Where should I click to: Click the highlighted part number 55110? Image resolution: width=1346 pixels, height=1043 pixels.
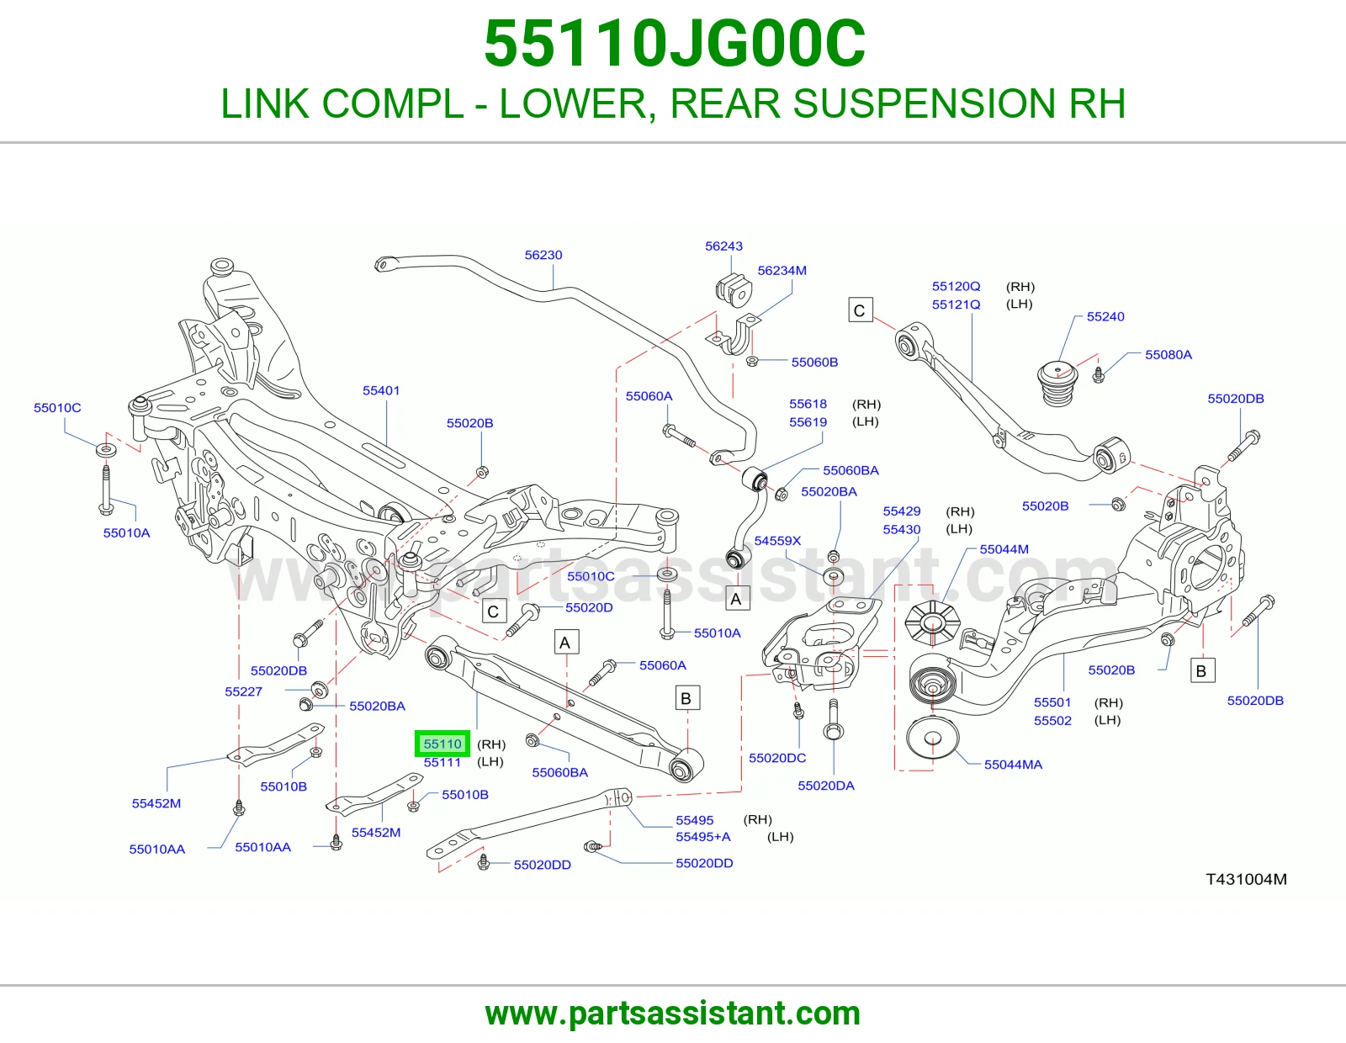click(x=442, y=744)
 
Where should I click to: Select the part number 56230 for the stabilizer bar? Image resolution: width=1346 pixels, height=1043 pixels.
click(x=543, y=255)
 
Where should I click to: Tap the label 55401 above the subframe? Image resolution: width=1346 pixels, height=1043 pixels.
click(x=381, y=390)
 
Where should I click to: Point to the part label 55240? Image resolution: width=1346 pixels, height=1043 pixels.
click(x=1105, y=316)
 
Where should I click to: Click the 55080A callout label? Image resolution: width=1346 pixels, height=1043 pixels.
click(x=1168, y=355)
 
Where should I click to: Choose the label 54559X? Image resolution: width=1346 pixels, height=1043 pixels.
click(x=777, y=541)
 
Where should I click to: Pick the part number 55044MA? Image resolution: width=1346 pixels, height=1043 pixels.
click(x=1014, y=765)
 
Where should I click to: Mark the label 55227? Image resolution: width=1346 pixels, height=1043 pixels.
click(x=243, y=691)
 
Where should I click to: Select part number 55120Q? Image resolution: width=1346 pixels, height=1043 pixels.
click(x=957, y=286)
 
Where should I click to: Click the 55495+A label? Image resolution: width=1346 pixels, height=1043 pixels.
click(x=703, y=837)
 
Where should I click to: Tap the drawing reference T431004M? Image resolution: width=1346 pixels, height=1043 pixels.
click(x=1246, y=879)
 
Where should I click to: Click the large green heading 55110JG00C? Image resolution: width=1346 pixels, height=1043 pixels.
click(x=674, y=44)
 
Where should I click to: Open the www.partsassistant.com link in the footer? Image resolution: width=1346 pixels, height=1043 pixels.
click(x=673, y=1014)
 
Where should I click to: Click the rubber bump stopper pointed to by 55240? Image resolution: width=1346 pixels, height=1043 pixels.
click(x=1057, y=384)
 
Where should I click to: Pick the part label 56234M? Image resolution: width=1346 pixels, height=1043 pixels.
click(x=782, y=271)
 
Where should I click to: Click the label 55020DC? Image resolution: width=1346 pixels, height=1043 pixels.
click(x=777, y=758)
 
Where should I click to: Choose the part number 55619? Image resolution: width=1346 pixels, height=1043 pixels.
click(x=808, y=422)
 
